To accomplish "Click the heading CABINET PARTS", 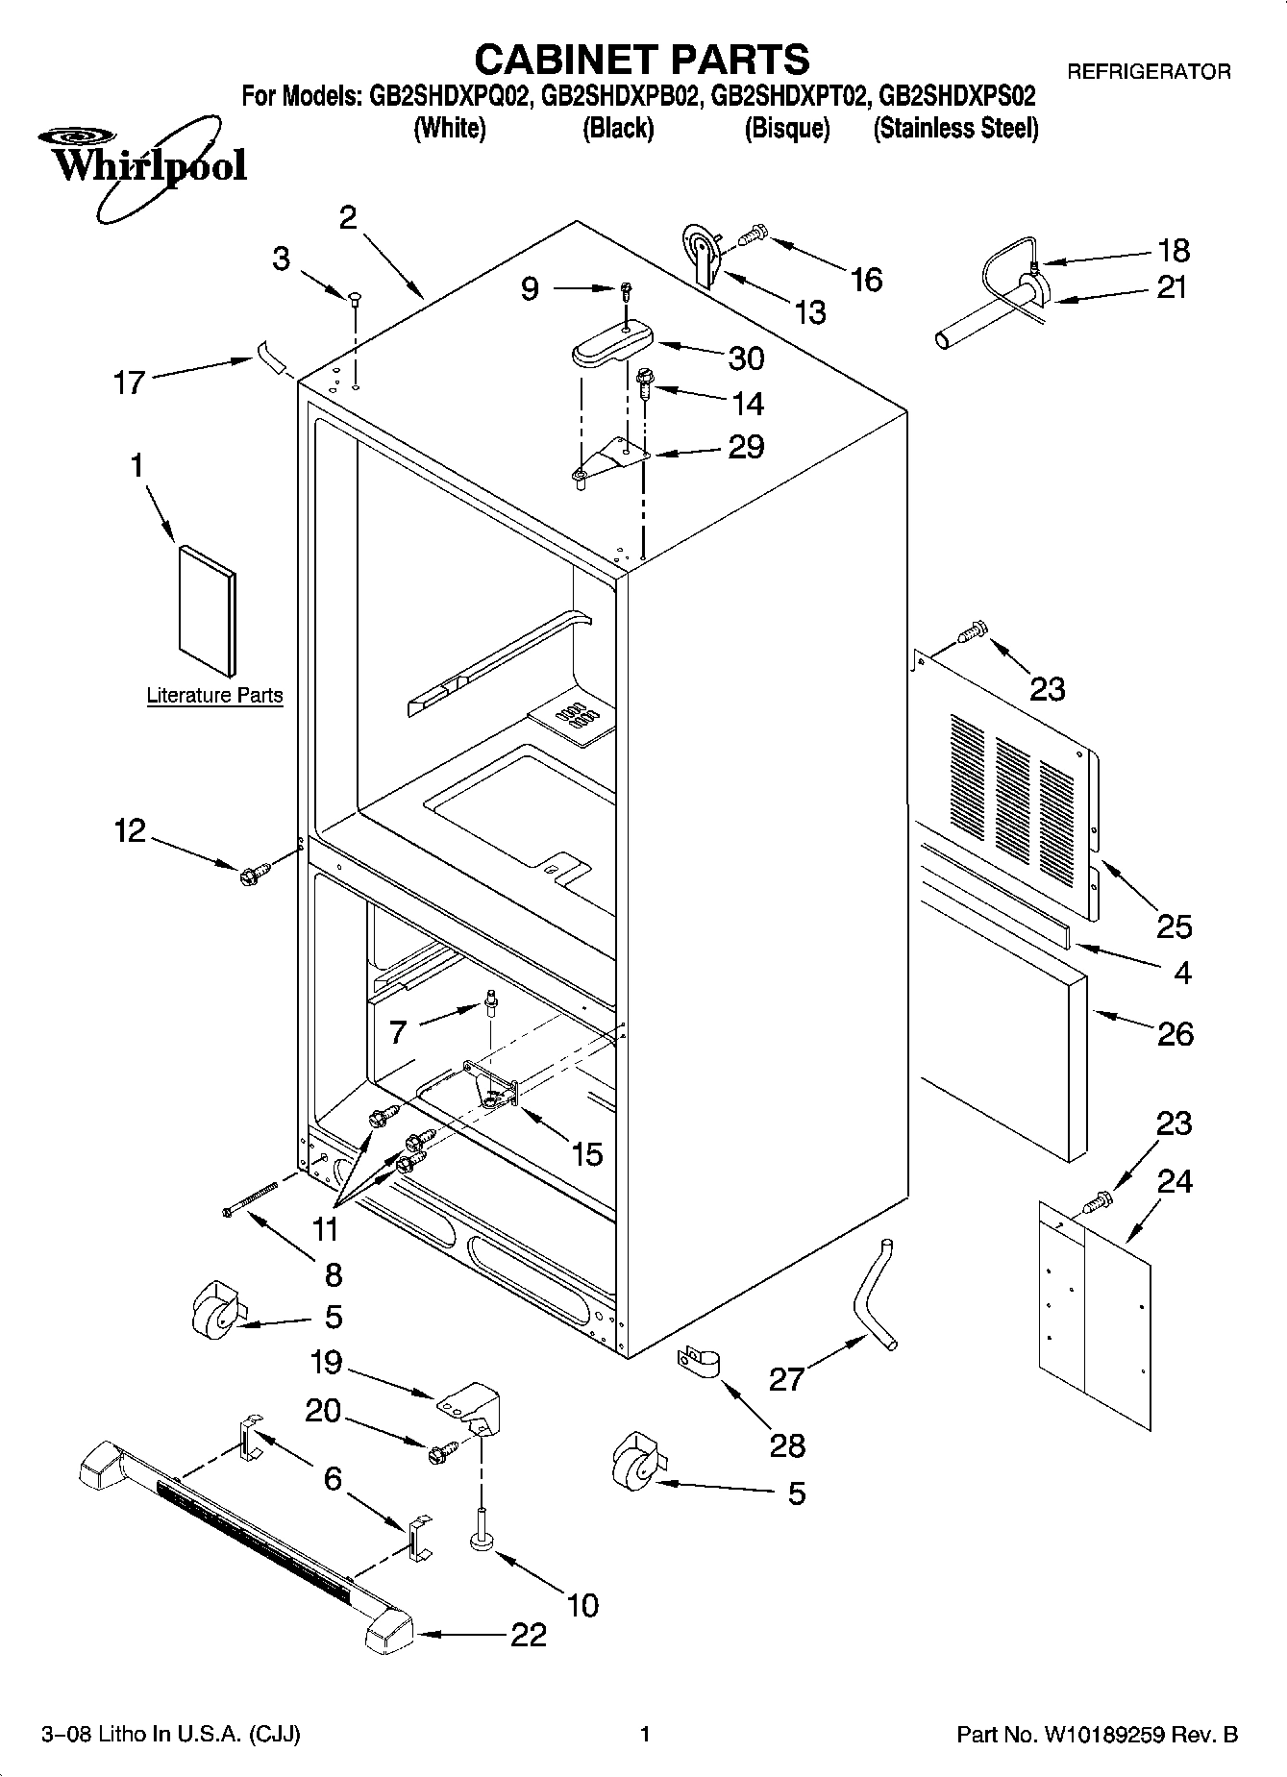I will click(x=642, y=60).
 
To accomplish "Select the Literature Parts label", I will click(x=214, y=695).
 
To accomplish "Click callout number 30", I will click(x=746, y=358).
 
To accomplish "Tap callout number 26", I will click(x=1175, y=1034).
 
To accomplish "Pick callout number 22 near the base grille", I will click(x=528, y=1635).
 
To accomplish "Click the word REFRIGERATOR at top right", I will click(x=1149, y=71).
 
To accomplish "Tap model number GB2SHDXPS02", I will click(x=957, y=96).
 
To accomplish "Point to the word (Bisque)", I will click(x=786, y=128).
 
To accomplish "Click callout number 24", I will click(x=1175, y=1181).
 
